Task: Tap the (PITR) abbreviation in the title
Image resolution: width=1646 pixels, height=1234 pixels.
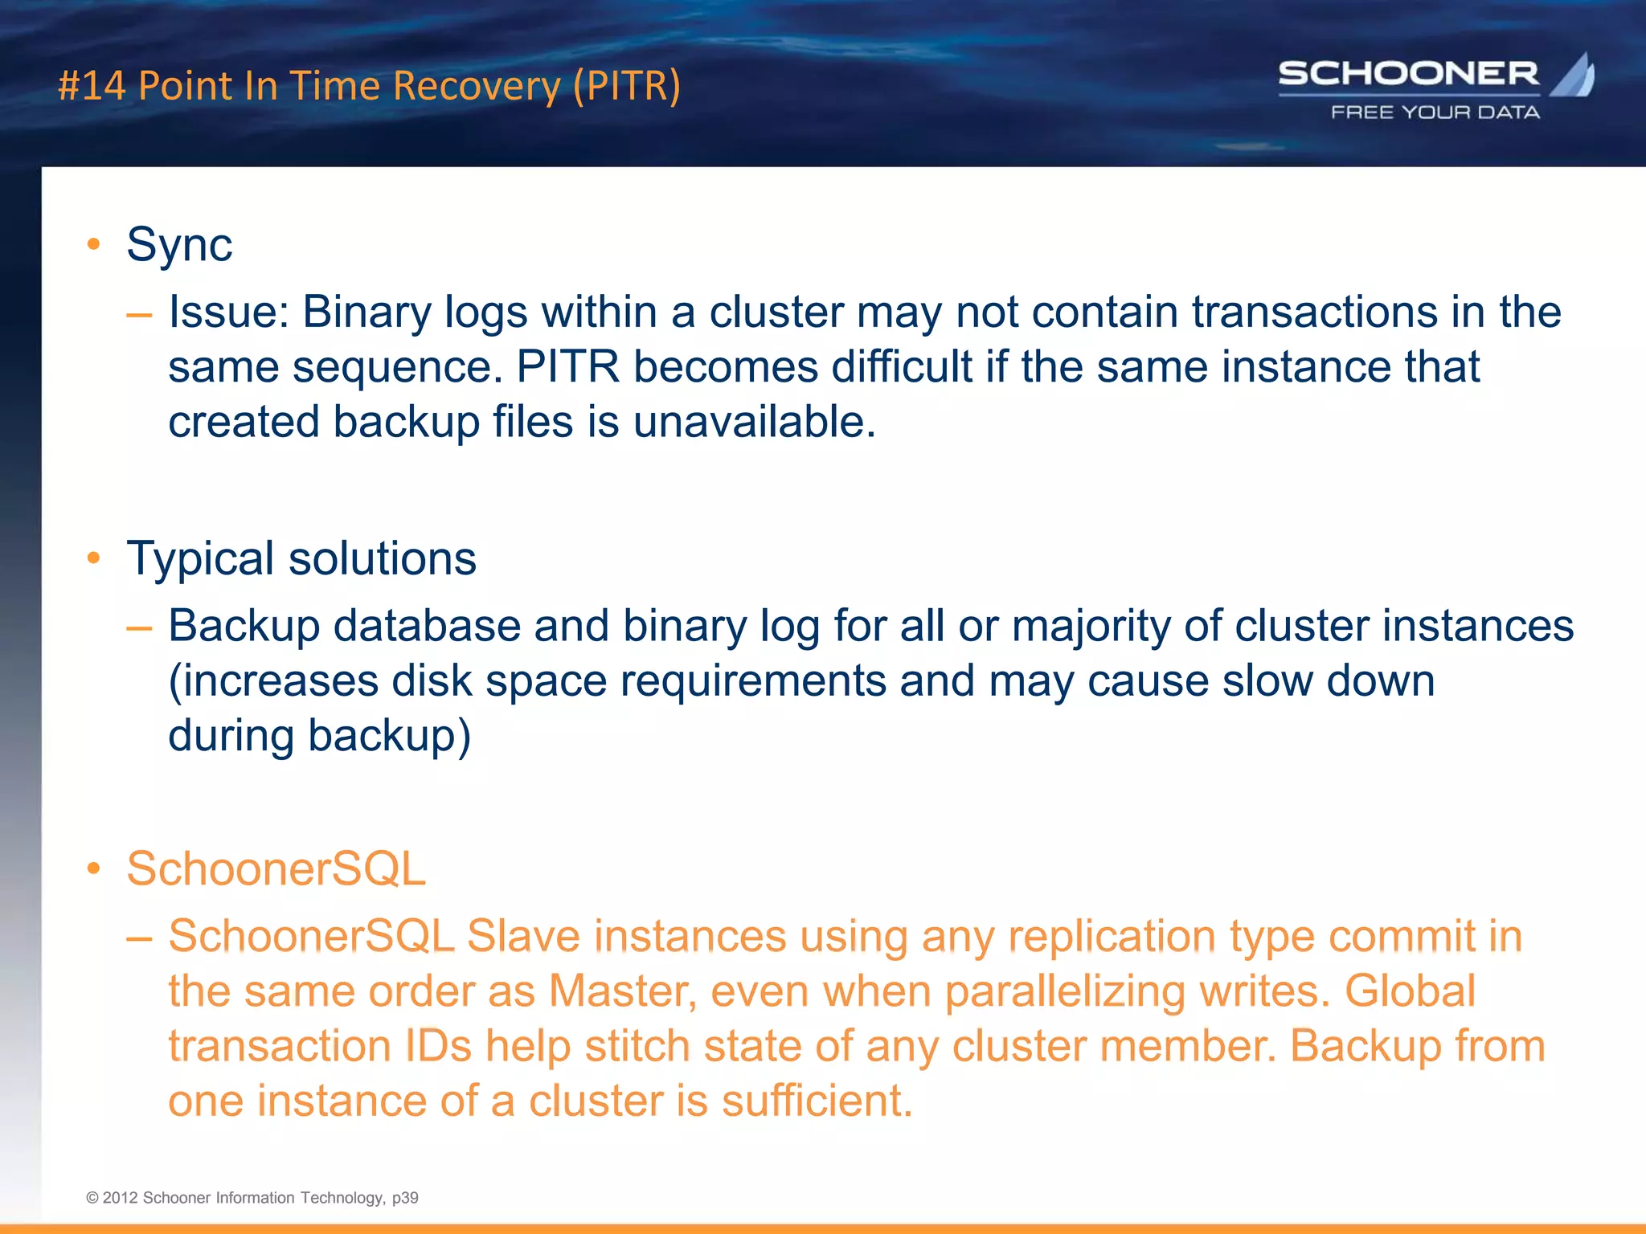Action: pyautogui.click(x=626, y=86)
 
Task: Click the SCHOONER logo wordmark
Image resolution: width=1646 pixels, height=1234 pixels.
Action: pyautogui.click(x=1408, y=74)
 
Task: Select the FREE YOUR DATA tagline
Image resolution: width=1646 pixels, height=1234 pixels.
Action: pyautogui.click(x=1435, y=112)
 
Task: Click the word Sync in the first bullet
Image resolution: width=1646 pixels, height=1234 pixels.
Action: pyautogui.click(x=179, y=244)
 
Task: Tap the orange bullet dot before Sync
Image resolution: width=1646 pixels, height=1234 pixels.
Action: pyautogui.click(x=94, y=244)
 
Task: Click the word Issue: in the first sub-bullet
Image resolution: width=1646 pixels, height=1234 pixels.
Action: pyautogui.click(x=228, y=312)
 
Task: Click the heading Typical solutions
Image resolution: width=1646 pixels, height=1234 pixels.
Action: pyautogui.click(x=301, y=558)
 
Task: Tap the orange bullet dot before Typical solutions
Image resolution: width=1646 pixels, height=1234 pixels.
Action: pyautogui.click(x=94, y=558)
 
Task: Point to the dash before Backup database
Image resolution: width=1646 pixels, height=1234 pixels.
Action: pyautogui.click(x=139, y=627)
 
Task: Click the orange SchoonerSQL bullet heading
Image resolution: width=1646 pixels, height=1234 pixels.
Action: pyautogui.click(x=276, y=868)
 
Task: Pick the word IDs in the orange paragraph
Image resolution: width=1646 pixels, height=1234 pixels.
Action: pyautogui.click(x=438, y=1046)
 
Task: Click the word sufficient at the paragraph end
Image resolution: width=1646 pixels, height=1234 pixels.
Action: pyautogui.click(x=816, y=1101)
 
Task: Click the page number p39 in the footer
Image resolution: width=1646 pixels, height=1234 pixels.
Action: pyautogui.click(x=405, y=1198)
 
